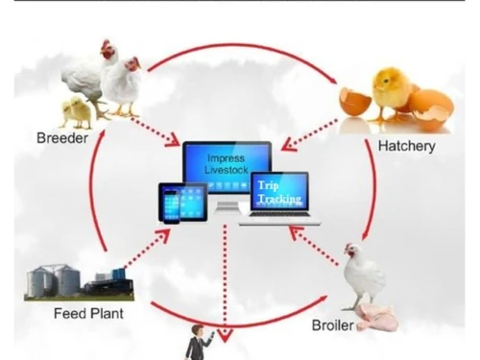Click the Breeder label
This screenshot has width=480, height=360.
(x=63, y=138)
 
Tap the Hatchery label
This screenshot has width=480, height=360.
(x=406, y=146)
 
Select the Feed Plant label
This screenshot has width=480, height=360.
(x=88, y=313)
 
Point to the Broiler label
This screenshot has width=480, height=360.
(x=332, y=324)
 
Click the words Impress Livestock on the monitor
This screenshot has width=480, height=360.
(x=227, y=164)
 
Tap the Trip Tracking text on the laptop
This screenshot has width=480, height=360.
(x=278, y=192)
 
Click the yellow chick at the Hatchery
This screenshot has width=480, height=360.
(x=392, y=90)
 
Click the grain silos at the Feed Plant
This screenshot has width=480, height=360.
(x=54, y=280)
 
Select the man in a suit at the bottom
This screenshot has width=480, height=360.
(x=198, y=343)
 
